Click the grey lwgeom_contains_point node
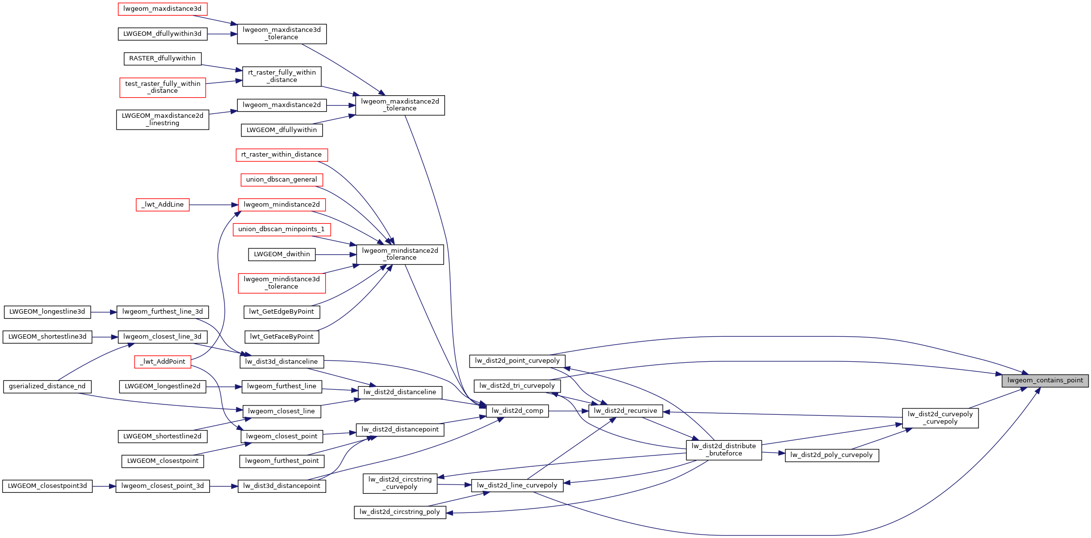pyautogui.click(x=1045, y=380)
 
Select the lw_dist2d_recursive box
pyautogui.click(x=625, y=411)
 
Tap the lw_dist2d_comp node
pyautogui.click(x=517, y=411)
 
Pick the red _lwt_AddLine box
pyautogui.click(x=163, y=205)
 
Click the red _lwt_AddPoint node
pyautogui.click(x=163, y=362)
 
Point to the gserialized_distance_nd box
pyautogui.click(x=47, y=386)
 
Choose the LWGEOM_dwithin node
pyautogui.click(x=282, y=254)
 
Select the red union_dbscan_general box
pyautogui.click(x=281, y=180)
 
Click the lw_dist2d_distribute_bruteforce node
pyautogui.click(x=724, y=450)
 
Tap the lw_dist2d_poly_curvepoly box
pyautogui.click(x=832, y=455)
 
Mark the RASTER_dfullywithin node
pyautogui.click(x=162, y=58)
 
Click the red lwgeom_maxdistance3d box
pyautogui.click(x=162, y=9)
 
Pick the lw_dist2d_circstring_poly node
pyautogui.click(x=400, y=512)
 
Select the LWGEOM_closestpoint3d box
pyautogui.click(x=47, y=486)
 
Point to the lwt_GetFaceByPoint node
pyautogui.click(x=281, y=337)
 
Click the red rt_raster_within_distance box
pyautogui.click(x=281, y=155)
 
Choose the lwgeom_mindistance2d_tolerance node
pyautogui.click(x=400, y=254)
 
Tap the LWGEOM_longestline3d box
pyautogui.click(x=47, y=312)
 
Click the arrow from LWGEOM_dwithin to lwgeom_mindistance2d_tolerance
pyautogui.click(x=336, y=254)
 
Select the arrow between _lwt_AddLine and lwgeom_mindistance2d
pyautogui.click(x=214, y=205)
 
